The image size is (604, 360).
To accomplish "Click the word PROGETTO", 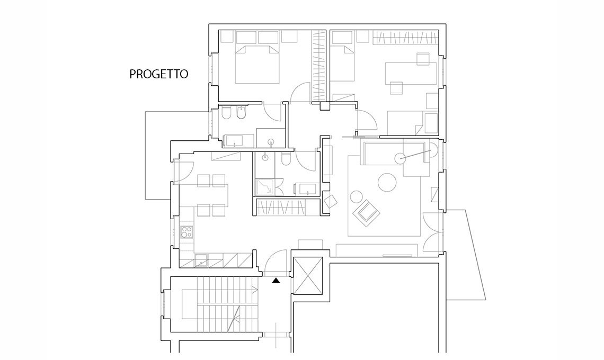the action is click(x=159, y=74).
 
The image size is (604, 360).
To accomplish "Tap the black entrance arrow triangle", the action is click(x=276, y=281).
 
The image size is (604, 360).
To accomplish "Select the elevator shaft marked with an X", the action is click(x=308, y=276).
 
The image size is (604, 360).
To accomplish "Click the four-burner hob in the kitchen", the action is click(x=187, y=232).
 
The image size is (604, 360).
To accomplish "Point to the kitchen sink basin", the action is click(x=201, y=260).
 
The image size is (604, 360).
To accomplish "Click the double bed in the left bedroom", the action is click(x=257, y=64).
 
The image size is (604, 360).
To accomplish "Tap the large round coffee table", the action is click(x=387, y=182).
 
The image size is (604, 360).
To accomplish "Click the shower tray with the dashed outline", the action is click(x=265, y=187).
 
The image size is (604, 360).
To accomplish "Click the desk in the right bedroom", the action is click(x=411, y=73).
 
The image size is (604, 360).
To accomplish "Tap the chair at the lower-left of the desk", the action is click(x=396, y=88).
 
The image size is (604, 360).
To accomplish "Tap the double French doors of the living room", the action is click(x=432, y=232).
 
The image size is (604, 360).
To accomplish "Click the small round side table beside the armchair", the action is click(x=357, y=197).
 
